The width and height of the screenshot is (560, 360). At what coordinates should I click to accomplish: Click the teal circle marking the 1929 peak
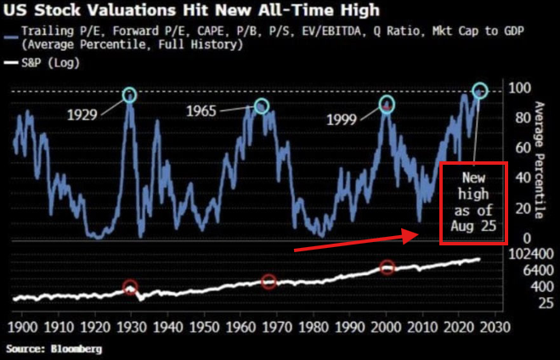[129, 95]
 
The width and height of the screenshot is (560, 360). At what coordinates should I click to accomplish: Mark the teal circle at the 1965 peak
[261, 105]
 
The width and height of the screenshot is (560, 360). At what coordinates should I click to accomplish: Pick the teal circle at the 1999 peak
[387, 104]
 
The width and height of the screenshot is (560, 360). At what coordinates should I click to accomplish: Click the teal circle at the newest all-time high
[480, 90]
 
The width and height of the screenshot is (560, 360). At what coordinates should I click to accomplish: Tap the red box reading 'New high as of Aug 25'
[472, 203]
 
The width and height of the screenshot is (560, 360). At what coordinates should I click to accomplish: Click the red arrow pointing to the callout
[358, 240]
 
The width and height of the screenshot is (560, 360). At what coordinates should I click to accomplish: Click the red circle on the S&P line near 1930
[130, 288]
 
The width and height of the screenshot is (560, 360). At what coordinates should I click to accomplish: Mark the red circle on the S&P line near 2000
[387, 267]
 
